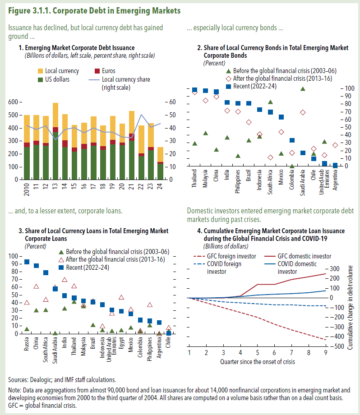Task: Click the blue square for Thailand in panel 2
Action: pos(195,90)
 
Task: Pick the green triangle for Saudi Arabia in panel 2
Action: pos(303,88)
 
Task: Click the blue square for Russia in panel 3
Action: pos(27,262)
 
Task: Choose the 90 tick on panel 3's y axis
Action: pos(13,263)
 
